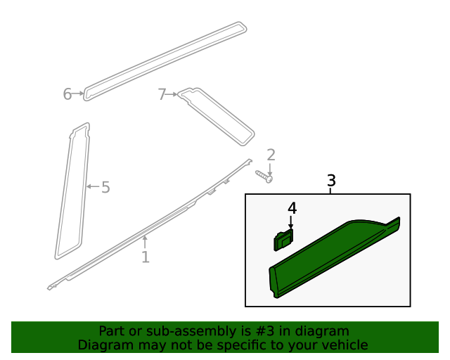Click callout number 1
pyautogui.click(x=145, y=257)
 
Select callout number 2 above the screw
pyautogui.click(x=271, y=155)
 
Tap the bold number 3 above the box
pyautogui.click(x=331, y=181)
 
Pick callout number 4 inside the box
pyautogui.click(x=291, y=209)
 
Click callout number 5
pyautogui.click(x=105, y=187)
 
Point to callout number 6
pyautogui.click(x=67, y=94)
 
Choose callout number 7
pyautogui.click(x=162, y=94)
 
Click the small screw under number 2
pyautogui.click(x=264, y=176)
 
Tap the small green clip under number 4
pyautogui.click(x=283, y=240)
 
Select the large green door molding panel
pyautogui.click(x=330, y=260)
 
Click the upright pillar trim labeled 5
pyautogui.click(x=72, y=190)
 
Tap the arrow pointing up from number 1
pyautogui.click(x=145, y=243)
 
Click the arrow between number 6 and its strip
pyautogui.click(x=78, y=94)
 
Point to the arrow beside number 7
pyautogui.click(x=172, y=94)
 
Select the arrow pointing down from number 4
pyautogui.click(x=291, y=221)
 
